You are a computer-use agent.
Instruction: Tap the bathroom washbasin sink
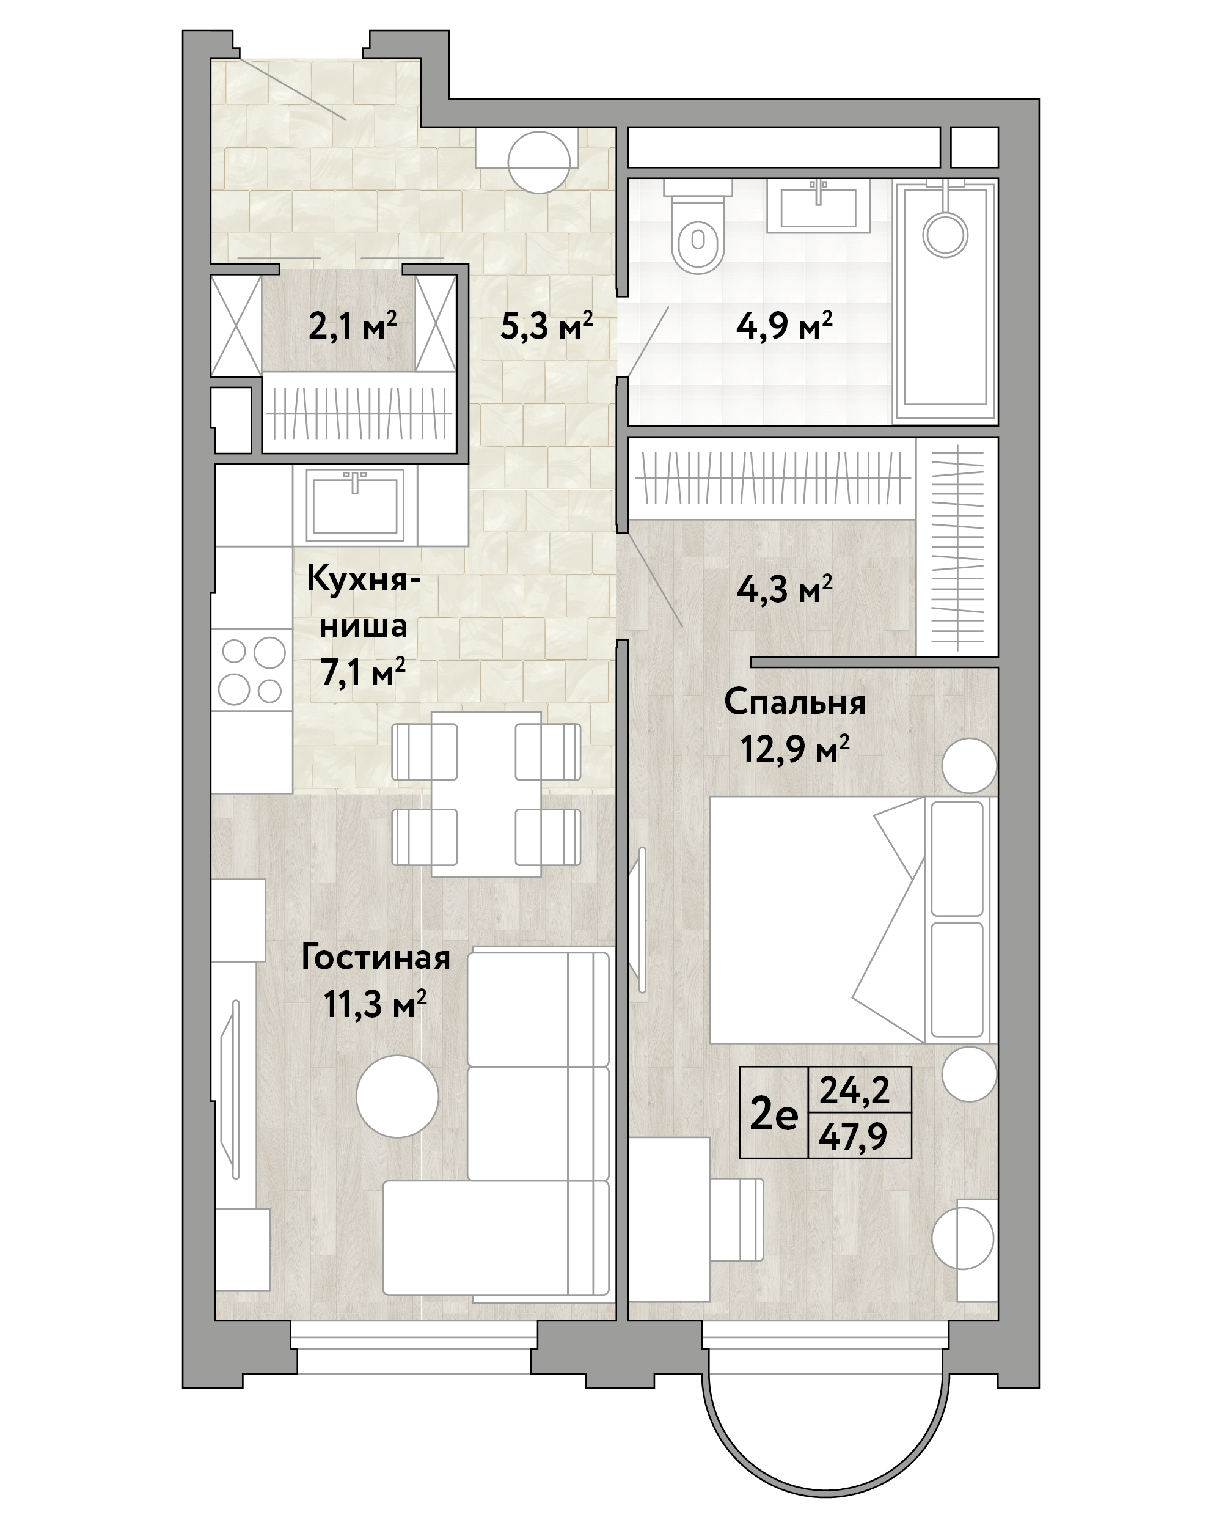(x=818, y=205)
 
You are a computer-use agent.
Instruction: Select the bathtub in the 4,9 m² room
(x=945, y=301)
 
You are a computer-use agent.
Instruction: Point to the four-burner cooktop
(x=253, y=670)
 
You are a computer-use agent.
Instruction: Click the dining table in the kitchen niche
(x=486, y=794)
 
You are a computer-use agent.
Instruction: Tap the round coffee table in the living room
(x=397, y=1096)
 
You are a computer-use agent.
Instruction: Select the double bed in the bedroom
(x=853, y=920)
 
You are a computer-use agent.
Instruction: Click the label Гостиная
(x=375, y=958)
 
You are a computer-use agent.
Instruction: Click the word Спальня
(x=795, y=702)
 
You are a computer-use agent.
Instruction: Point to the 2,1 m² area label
(x=353, y=328)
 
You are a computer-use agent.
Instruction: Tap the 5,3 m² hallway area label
(x=546, y=327)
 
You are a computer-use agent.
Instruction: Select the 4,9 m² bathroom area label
(x=784, y=327)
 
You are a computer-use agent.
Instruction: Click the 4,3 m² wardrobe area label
(x=784, y=590)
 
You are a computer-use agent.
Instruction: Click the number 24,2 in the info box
(x=854, y=1090)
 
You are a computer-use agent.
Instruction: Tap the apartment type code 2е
(x=774, y=1115)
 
